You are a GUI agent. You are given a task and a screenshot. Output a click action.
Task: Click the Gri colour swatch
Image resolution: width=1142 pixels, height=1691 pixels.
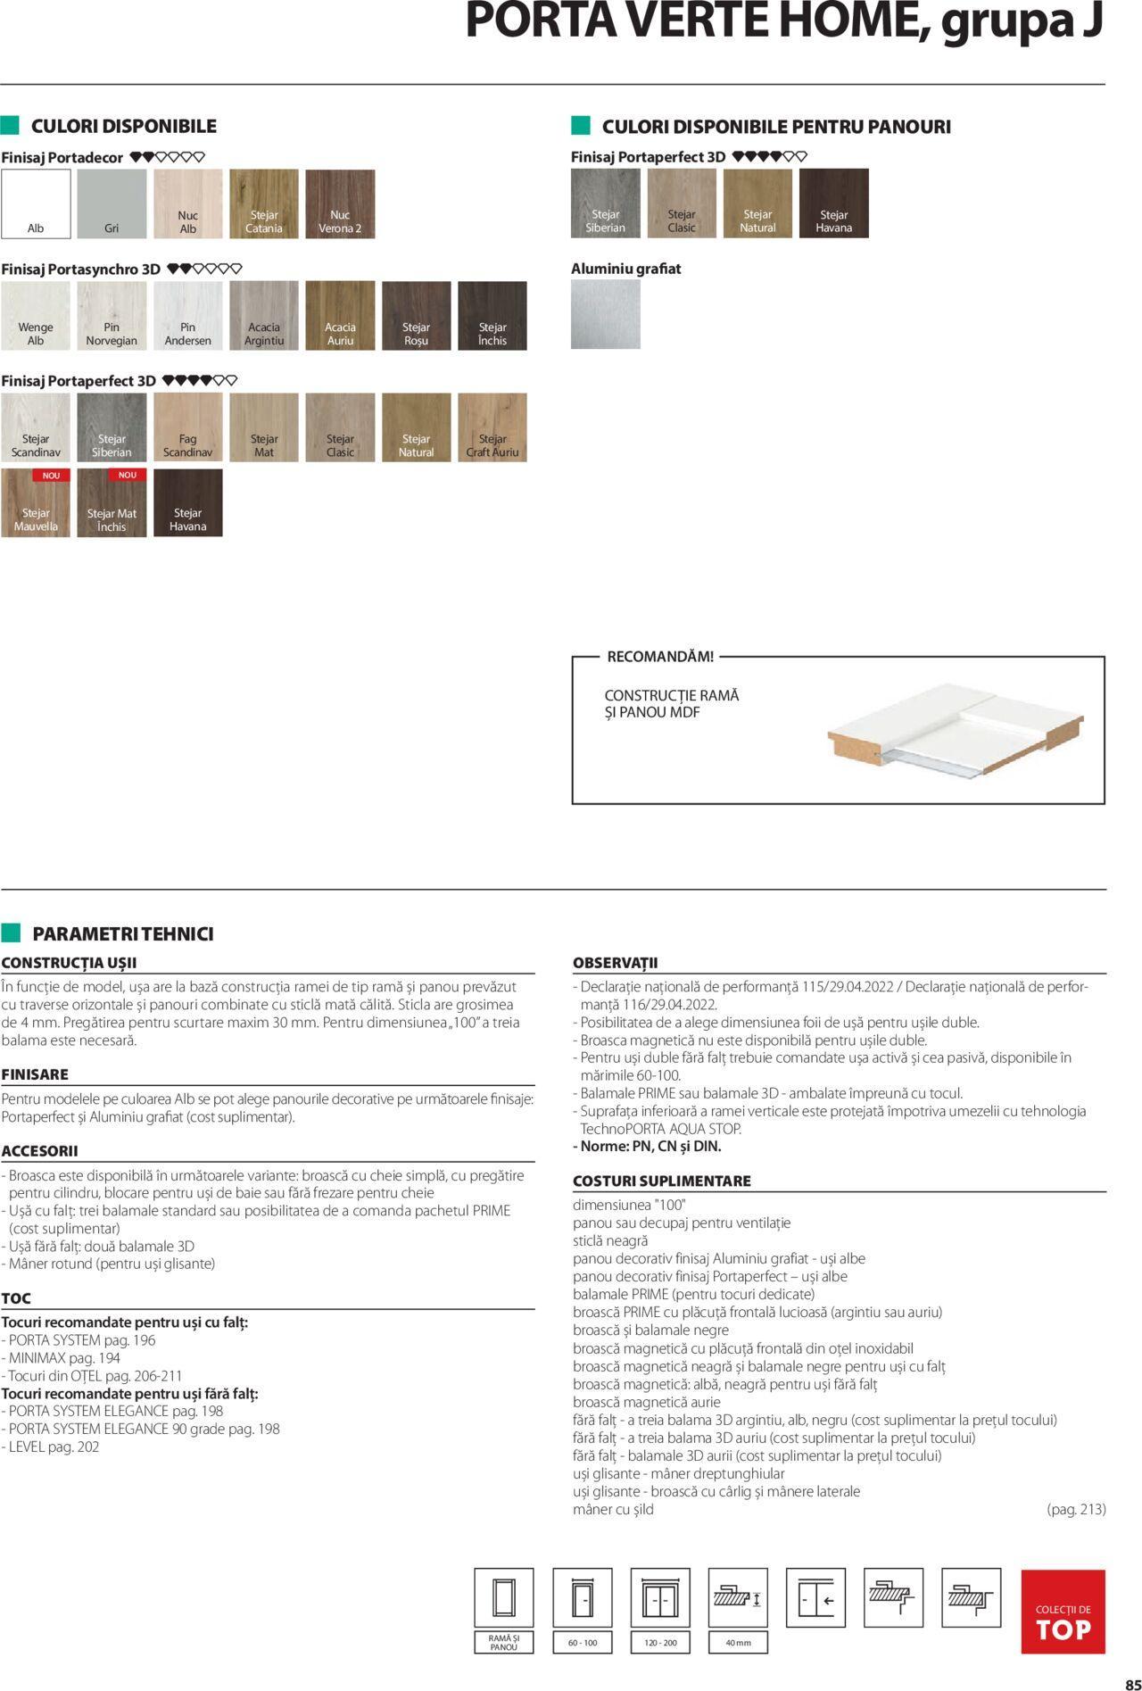[x=112, y=203]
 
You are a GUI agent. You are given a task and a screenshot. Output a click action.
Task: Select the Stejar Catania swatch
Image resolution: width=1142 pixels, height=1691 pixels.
[x=264, y=203]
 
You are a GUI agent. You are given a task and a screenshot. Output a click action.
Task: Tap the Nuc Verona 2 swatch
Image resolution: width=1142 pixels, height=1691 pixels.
[x=340, y=203]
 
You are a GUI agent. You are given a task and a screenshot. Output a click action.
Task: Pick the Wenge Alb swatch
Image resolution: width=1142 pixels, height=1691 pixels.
[x=36, y=315]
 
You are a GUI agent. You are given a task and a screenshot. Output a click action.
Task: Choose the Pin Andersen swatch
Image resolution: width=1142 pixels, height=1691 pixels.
[x=188, y=315]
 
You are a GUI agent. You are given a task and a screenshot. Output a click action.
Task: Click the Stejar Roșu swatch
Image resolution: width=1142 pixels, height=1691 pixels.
[x=416, y=315]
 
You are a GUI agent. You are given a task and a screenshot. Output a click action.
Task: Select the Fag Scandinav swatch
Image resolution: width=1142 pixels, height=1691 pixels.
[x=188, y=427]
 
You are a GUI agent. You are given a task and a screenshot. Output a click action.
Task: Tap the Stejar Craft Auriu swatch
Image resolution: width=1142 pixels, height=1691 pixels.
[x=492, y=427]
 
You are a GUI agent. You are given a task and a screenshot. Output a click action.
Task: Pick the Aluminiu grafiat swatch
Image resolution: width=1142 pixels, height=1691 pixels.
[x=606, y=314]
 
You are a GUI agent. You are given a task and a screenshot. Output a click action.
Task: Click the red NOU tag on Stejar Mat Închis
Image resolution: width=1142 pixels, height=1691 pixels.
[x=128, y=476]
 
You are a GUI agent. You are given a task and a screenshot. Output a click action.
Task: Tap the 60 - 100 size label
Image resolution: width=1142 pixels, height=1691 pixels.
[x=583, y=1642]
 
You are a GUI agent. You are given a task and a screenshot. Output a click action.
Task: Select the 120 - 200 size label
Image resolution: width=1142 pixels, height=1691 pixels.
[x=660, y=1642]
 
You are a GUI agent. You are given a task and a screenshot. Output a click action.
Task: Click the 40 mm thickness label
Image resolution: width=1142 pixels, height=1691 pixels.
[x=738, y=1642]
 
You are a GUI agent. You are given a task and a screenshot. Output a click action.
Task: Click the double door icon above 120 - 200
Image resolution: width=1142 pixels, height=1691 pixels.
[x=660, y=1597]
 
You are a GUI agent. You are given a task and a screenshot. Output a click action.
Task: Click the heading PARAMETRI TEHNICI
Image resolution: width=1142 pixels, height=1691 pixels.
[x=123, y=934]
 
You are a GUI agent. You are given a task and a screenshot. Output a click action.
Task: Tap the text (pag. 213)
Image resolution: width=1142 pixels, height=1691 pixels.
[x=1076, y=1509]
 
